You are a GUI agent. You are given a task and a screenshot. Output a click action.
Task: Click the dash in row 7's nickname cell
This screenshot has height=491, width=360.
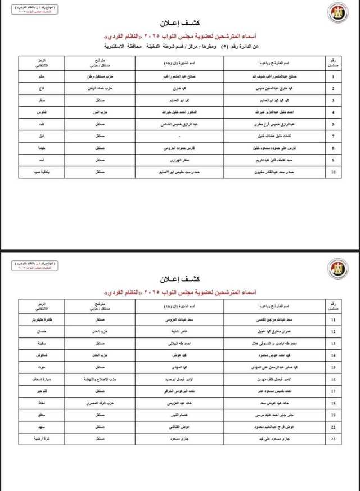178,136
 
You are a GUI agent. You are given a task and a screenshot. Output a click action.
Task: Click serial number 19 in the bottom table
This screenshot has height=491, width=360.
333,416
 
